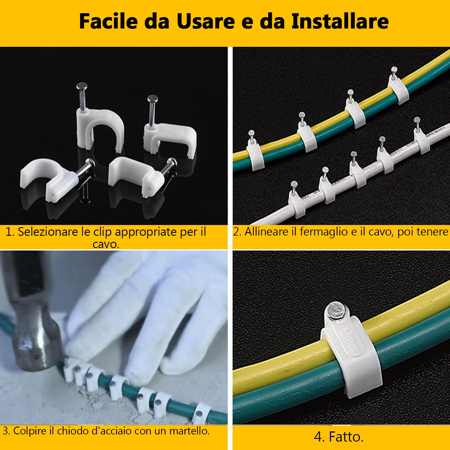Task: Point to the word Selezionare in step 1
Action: [x=48, y=232]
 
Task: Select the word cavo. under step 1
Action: [x=106, y=244]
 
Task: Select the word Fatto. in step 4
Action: [x=346, y=437]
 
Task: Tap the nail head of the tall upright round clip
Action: [x=81, y=86]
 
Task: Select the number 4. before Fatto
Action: [x=319, y=437]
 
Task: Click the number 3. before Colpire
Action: [x=7, y=431]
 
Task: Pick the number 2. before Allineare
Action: [x=237, y=232]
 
